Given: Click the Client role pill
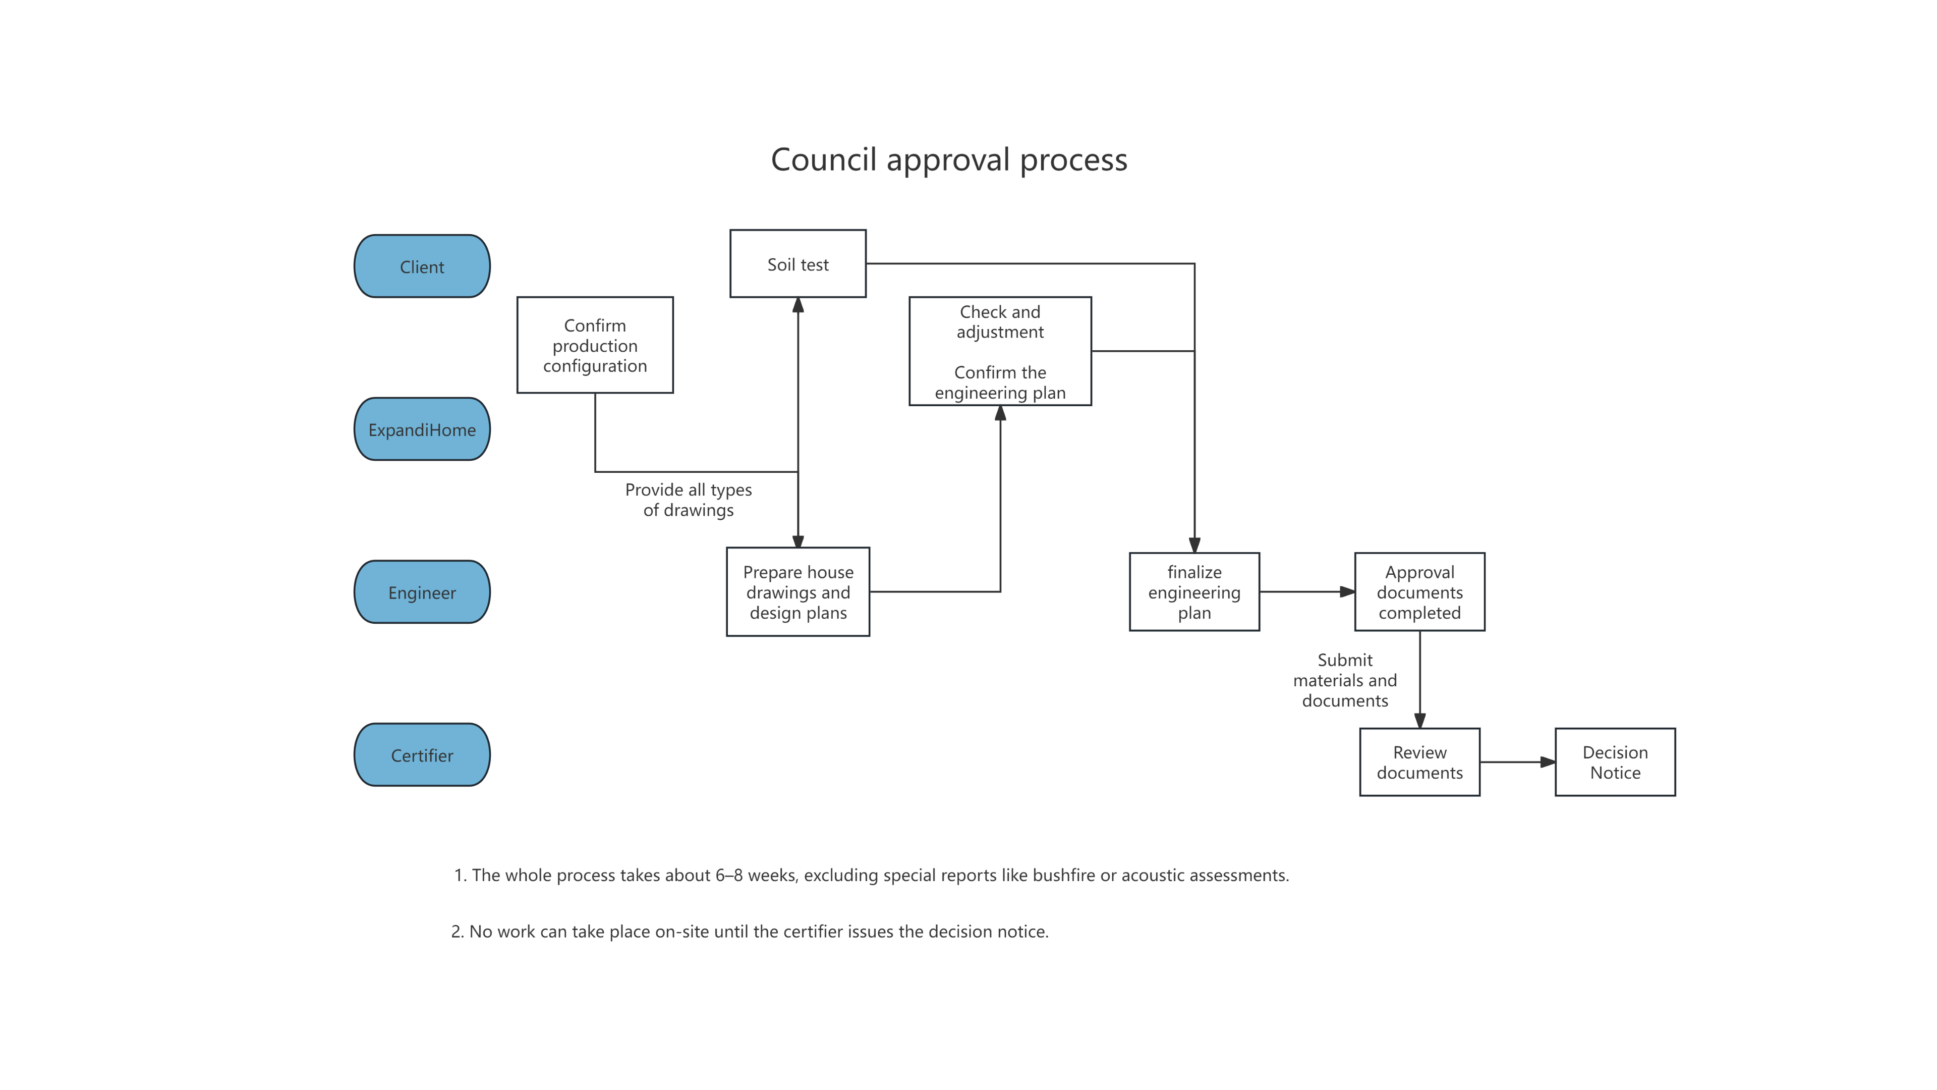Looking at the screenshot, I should tap(422, 266).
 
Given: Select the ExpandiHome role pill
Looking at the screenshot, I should tap(422, 429).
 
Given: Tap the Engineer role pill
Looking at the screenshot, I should tap(422, 592).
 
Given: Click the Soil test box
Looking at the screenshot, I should tap(798, 264).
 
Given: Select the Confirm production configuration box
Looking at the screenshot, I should tap(595, 345).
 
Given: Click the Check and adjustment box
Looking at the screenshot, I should tap(1000, 351).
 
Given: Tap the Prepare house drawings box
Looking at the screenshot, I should tap(798, 592).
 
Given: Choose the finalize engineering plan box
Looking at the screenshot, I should tap(1194, 592).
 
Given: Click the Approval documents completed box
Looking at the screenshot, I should tap(1419, 592).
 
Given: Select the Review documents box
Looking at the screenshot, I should tap(1419, 762).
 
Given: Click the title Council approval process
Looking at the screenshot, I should tap(949, 159).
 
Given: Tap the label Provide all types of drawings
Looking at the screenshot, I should tap(688, 500).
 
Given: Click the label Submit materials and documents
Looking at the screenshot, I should tap(1344, 680).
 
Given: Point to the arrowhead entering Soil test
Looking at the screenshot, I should tap(798, 305).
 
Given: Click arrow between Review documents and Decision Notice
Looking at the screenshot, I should tap(1517, 762).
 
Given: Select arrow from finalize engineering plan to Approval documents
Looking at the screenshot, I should tap(1307, 592).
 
